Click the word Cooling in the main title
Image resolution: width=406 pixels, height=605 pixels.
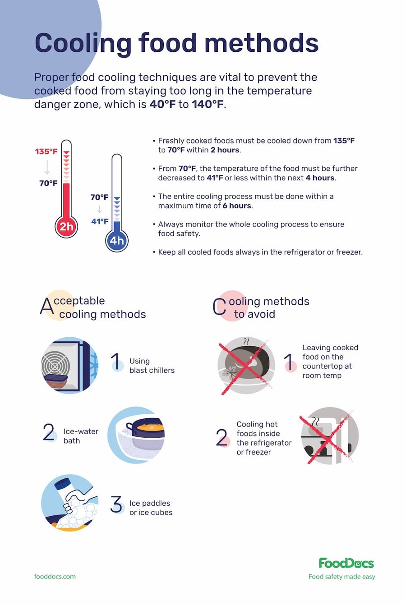(x=83, y=43)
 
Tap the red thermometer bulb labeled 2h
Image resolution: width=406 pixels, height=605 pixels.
(x=66, y=226)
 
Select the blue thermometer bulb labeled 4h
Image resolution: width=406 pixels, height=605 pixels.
(x=117, y=240)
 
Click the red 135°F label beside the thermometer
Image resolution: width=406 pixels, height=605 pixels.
(x=46, y=151)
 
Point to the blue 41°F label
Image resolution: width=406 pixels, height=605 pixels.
(x=100, y=221)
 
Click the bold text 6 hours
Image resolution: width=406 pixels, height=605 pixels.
(x=237, y=206)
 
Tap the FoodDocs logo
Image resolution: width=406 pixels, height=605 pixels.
(x=346, y=563)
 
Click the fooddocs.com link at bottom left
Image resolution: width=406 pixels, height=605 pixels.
(x=55, y=576)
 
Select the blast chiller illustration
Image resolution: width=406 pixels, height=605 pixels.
(x=69, y=365)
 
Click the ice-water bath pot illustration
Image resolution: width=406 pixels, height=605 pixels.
(x=136, y=435)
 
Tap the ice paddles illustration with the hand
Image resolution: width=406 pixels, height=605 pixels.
(x=69, y=503)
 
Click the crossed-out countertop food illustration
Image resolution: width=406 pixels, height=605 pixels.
(x=246, y=365)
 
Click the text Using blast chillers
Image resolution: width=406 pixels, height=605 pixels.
(x=152, y=366)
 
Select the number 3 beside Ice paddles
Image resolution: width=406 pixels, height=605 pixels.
(x=116, y=504)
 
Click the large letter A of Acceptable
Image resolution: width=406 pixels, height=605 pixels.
(x=47, y=306)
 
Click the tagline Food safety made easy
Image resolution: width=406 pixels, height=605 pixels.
(x=341, y=577)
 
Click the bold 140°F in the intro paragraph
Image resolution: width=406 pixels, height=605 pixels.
(x=208, y=105)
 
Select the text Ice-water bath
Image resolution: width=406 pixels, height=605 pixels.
(x=80, y=436)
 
